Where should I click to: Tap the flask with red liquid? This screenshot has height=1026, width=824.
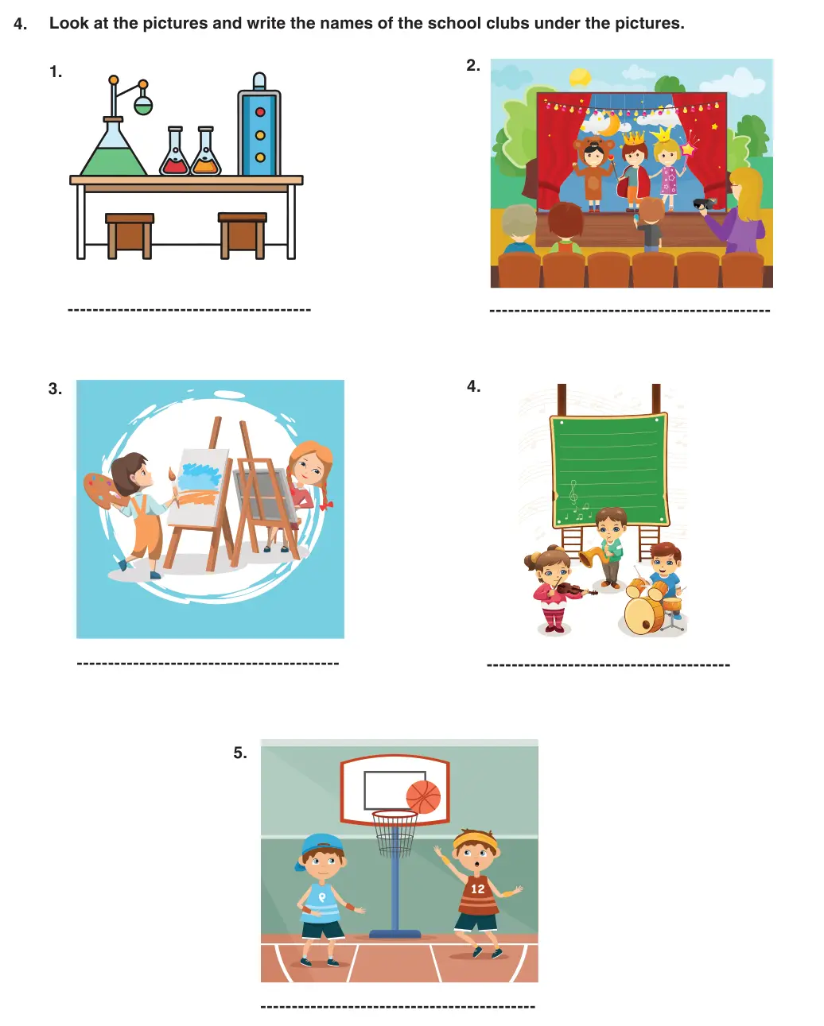174,153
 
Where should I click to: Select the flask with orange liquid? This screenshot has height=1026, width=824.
206,153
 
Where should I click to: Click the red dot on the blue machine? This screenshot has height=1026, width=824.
260,112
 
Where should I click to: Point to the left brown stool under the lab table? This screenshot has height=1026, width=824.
130,235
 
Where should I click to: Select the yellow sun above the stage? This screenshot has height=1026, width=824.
580,77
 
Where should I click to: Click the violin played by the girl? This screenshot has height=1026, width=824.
574,590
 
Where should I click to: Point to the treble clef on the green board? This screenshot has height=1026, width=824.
573,492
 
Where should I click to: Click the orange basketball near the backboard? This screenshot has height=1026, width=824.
423,797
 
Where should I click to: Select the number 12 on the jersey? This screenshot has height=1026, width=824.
477,889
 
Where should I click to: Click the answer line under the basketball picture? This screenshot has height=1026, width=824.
398,1007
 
